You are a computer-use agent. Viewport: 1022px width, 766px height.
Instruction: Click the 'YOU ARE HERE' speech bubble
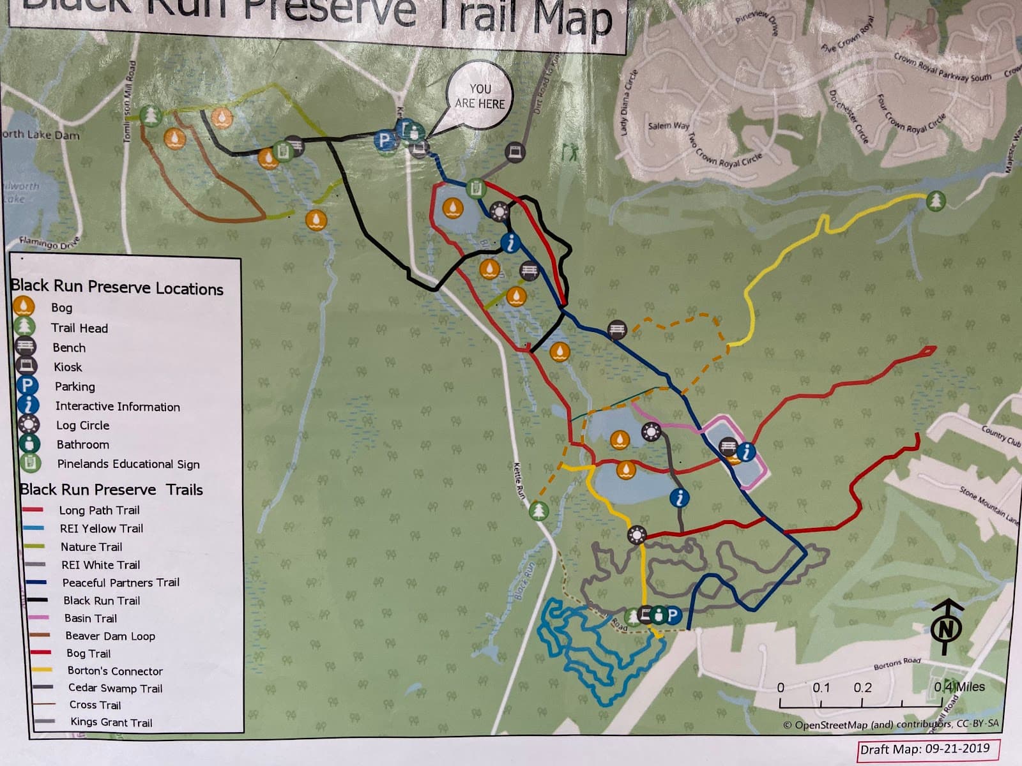coord(479,96)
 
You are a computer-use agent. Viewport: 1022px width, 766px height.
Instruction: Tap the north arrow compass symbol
coord(946,626)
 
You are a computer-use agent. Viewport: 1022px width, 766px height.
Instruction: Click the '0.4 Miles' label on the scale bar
coord(959,687)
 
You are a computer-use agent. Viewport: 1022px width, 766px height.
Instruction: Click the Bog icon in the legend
coord(24,307)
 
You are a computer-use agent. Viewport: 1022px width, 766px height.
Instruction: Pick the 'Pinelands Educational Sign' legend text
coord(128,464)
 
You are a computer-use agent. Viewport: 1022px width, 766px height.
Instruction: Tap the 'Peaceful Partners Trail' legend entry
coord(120,582)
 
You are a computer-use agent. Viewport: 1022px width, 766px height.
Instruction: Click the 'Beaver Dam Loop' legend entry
coord(110,636)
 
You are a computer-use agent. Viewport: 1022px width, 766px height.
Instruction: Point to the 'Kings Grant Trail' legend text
coord(111,723)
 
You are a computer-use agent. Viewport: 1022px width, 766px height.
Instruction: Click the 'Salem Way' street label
coord(668,126)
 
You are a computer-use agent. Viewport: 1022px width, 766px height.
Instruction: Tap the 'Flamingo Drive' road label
coord(49,243)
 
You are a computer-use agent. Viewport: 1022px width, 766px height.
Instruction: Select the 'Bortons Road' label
coord(897,664)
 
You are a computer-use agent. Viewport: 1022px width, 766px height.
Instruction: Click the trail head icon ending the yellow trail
coord(936,200)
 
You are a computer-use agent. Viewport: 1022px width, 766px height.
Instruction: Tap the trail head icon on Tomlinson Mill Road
coord(151,116)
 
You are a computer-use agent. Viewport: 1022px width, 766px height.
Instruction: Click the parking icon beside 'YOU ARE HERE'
coord(384,140)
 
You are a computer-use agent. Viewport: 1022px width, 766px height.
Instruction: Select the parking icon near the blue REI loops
coord(673,615)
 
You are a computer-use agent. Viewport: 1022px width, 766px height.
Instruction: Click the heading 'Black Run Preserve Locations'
coord(117,287)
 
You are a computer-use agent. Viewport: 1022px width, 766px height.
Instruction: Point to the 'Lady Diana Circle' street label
coord(629,102)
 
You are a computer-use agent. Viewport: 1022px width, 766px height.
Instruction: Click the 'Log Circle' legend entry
coord(82,425)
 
